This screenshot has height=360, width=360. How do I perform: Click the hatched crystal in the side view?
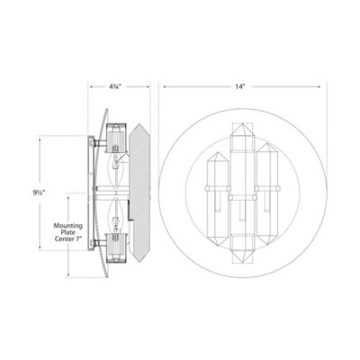[140, 191]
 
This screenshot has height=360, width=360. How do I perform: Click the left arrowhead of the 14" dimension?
[162, 87]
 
